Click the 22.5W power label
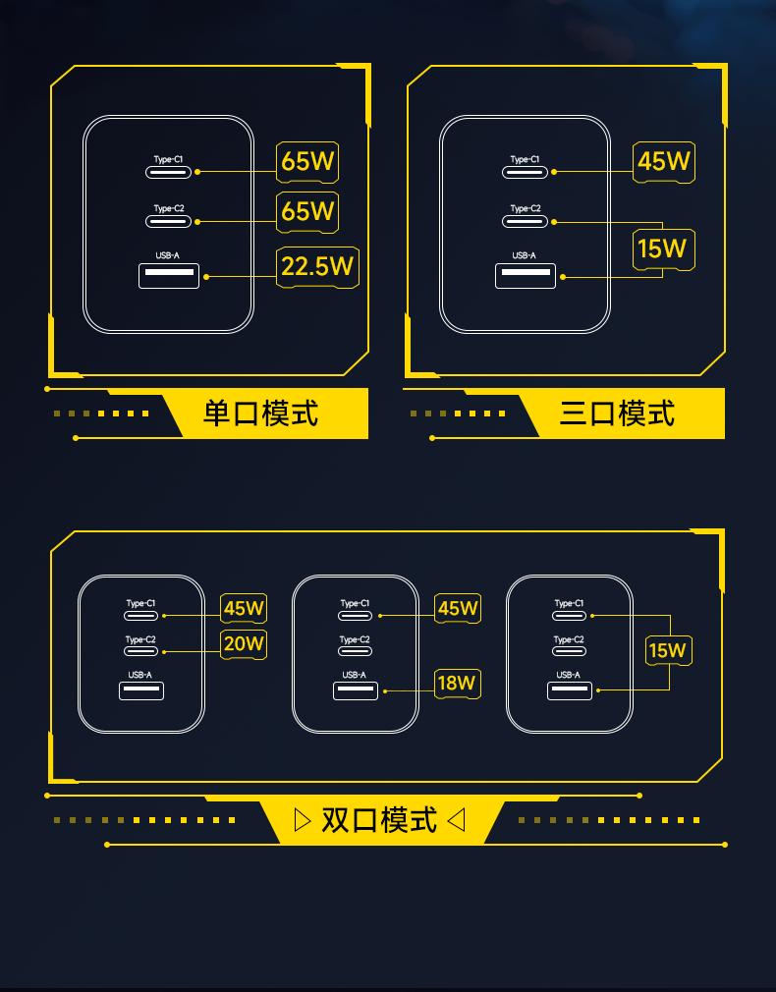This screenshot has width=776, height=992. tap(317, 266)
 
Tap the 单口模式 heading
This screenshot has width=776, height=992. tap(260, 413)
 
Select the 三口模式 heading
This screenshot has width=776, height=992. tap(617, 413)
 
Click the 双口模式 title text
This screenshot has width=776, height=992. tap(379, 819)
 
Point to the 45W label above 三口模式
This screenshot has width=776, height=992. tap(664, 161)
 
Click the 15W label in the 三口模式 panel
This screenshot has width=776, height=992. tap(662, 248)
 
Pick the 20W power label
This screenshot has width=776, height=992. tap(244, 644)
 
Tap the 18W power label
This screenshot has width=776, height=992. tap(458, 683)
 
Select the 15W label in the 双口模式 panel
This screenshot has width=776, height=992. tap(668, 650)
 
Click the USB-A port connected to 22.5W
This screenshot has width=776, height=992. tap(169, 276)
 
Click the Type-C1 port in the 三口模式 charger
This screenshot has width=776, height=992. tap(525, 172)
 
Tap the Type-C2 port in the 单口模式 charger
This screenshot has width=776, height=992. tap(168, 222)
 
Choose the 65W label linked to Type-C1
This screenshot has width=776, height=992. tap(307, 161)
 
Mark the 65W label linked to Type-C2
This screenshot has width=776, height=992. tap(307, 211)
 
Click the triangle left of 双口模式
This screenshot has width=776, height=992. tap(303, 819)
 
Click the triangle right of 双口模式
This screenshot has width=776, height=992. tap(456, 819)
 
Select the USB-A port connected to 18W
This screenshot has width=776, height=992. tap(355, 690)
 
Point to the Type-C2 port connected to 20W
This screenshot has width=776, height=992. tap(140, 652)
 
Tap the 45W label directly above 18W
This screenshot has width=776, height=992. tap(458, 609)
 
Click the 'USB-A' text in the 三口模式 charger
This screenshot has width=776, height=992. tap(525, 255)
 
